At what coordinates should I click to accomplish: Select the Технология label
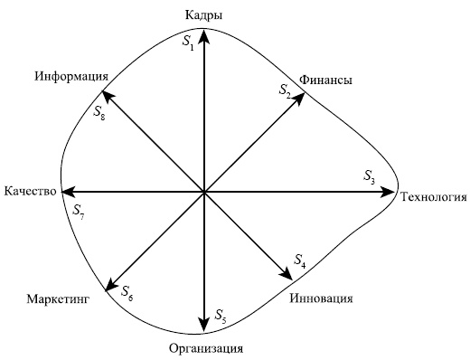(433, 196)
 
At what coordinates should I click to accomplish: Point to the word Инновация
(322, 298)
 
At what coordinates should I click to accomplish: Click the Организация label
(206, 348)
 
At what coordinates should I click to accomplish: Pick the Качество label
(30, 192)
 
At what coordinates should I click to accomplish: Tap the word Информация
(72, 76)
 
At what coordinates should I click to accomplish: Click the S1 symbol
(188, 43)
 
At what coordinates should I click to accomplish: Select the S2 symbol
(285, 90)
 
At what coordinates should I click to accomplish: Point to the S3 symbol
(370, 175)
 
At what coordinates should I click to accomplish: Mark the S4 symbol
(300, 261)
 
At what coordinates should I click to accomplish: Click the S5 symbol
(221, 315)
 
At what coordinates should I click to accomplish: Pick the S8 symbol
(99, 114)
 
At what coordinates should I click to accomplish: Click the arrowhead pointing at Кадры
(204, 35)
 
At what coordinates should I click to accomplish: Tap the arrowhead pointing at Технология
(391, 192)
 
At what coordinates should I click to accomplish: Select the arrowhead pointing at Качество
(66, 192)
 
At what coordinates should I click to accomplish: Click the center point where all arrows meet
(204, 192)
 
